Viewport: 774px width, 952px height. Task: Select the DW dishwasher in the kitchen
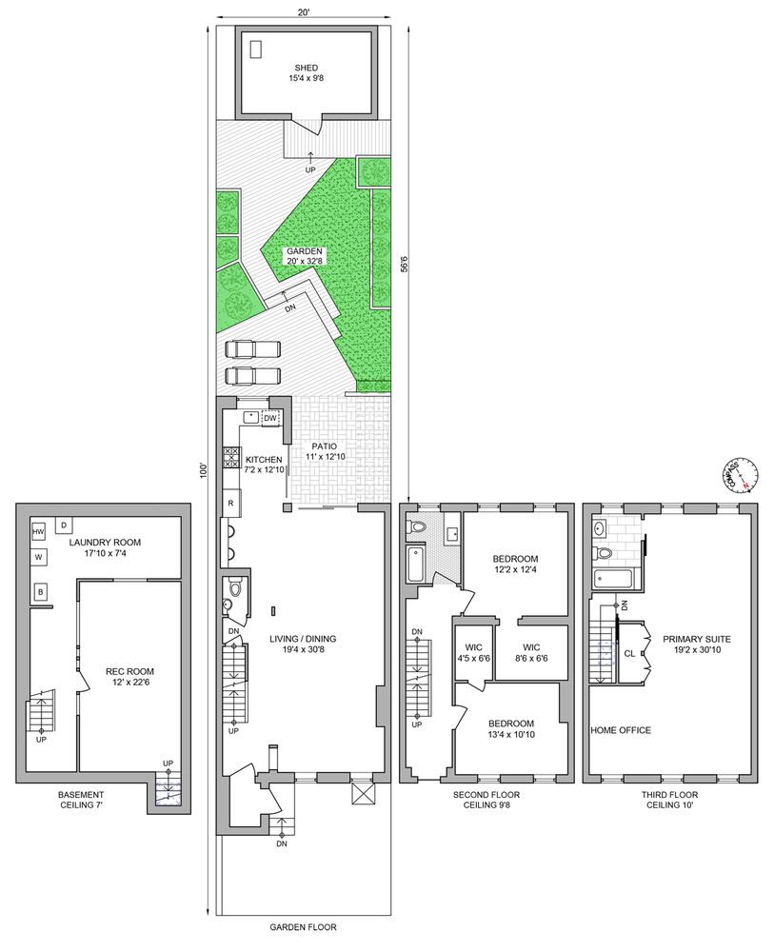point(269,418)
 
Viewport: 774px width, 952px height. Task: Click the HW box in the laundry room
point(39,531)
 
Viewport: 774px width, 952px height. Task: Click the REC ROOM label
point(125,677)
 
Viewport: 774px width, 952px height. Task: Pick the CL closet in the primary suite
point(629,654)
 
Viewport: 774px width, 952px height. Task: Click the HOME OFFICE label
point(621,730)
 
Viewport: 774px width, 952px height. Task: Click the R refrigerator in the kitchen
point(230,502)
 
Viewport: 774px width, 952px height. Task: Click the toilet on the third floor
point(603,551)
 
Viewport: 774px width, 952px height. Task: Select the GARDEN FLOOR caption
point(304,926)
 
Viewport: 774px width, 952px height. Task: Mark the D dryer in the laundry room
point(64,524)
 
